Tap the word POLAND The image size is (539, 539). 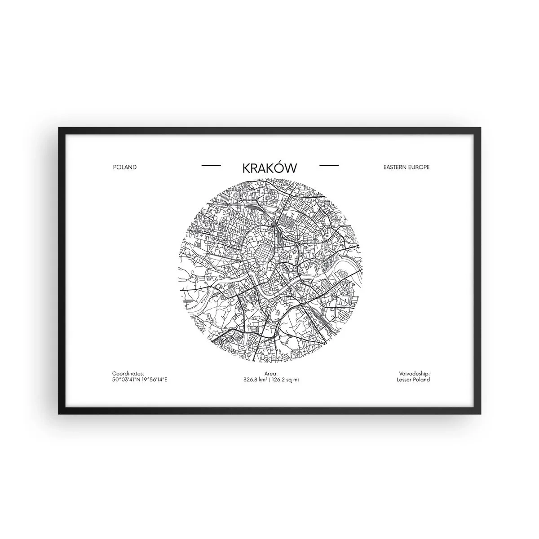coord(125,167)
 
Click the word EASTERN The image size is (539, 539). coord(393,167)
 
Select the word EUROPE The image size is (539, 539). coord(420,167)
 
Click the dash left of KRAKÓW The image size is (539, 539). coord(211,166)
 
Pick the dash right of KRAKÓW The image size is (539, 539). coord(329,166)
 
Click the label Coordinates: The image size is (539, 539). coord(128,373)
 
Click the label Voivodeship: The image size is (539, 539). coord(414,373)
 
